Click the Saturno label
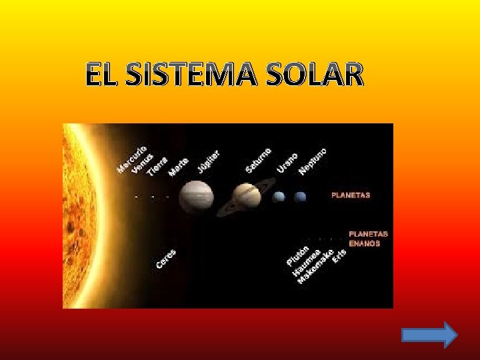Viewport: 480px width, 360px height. [258, 159]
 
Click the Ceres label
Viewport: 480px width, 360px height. [166, 259]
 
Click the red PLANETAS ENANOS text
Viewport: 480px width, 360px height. [369, 239]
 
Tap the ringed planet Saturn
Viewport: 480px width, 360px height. [246, 197]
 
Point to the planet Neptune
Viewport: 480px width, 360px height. [300, 197]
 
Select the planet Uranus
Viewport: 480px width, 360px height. [279, 197]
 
